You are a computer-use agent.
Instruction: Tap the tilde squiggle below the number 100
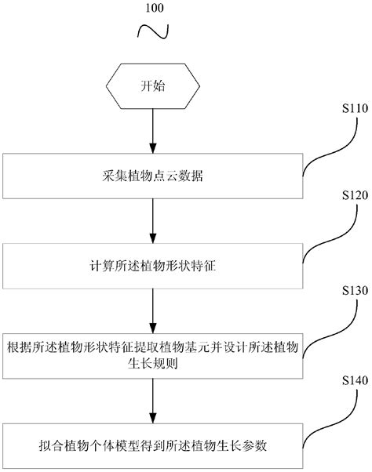click(x=154, y=32)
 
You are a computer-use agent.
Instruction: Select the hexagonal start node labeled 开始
click(x=153, y=86)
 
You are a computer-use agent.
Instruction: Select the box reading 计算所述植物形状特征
click(x=153, y=267)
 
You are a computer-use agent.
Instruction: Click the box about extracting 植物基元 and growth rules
click(x=153, y=352)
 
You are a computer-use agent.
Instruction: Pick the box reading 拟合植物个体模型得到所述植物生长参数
click(x=153, y=445)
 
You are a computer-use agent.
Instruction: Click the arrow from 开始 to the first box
click(x=153, y=132)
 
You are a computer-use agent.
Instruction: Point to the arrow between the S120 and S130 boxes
click(x=153, y=310)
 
